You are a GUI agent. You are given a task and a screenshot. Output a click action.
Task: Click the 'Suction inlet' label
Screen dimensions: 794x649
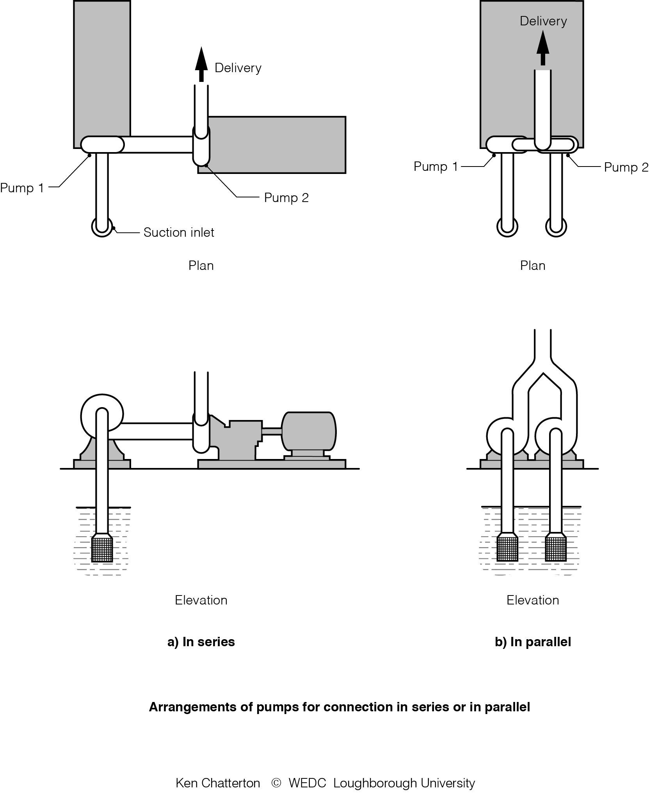coord(179,232)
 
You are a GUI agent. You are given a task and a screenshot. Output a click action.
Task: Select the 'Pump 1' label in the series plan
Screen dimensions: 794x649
coord(22,188)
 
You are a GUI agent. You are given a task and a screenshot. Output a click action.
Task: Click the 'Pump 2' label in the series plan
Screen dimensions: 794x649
coord(286,198)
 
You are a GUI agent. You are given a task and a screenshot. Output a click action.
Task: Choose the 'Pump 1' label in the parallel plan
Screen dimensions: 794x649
coord(436,167)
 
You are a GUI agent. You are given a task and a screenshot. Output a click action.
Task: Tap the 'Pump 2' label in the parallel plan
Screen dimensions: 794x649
coord(626,167)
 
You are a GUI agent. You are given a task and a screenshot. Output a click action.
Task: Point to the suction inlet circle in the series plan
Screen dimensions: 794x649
coord(102,227)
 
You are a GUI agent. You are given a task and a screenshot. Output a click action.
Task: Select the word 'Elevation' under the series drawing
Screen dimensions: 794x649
coord(201,600)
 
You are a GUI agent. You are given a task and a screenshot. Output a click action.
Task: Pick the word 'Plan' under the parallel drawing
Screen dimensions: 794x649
coord(533,266)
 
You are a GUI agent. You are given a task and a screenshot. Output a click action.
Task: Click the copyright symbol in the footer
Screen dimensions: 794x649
coord(276,783)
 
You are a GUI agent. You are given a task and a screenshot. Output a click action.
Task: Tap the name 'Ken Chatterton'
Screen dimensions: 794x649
coord(218,783)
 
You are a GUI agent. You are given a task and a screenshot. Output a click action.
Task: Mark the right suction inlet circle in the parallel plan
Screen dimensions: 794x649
coord(556,227)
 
